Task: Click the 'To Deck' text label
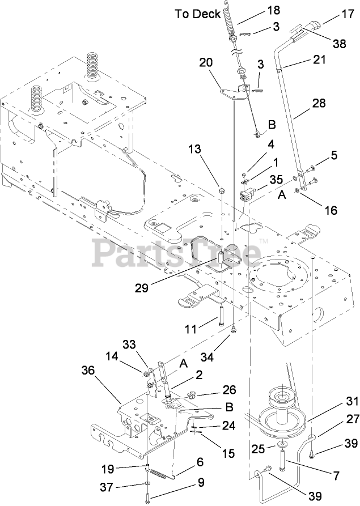197,14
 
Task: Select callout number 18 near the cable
257,10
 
